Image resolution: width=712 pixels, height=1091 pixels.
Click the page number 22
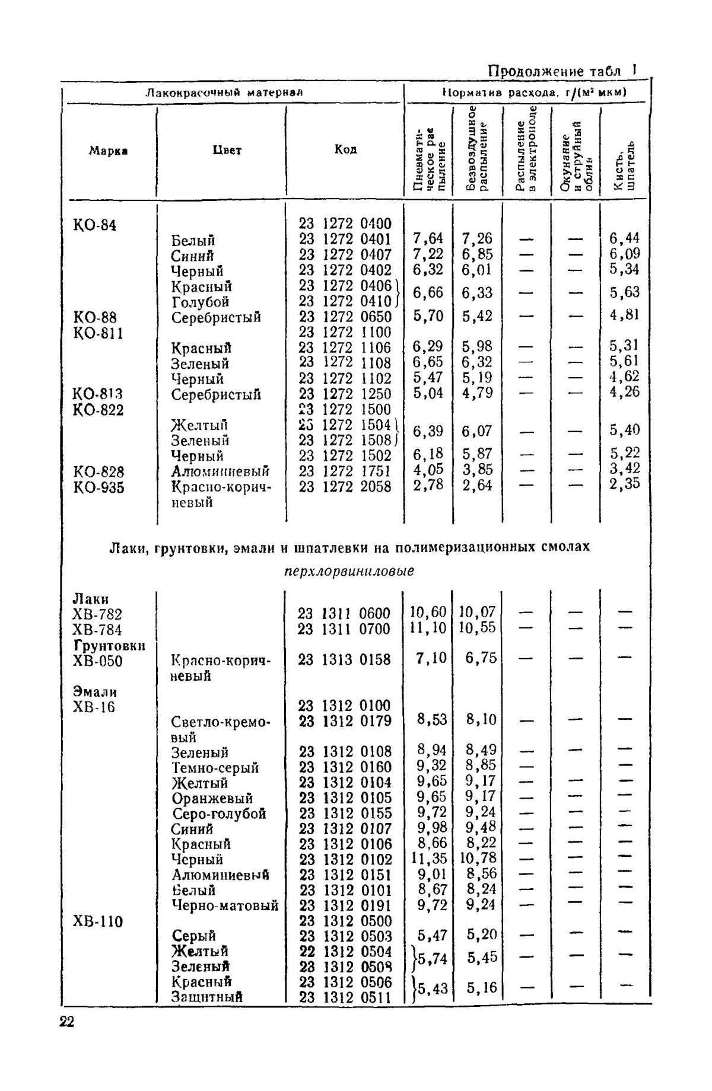pos(66,1022)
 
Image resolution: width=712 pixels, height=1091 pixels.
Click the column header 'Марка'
pos(109,151)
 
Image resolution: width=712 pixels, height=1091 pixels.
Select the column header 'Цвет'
pos(227,150)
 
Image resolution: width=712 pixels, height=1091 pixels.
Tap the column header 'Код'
pos(345,149)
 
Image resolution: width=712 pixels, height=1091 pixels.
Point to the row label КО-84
pos(95,225)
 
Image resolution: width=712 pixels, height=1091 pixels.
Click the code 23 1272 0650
pos(345,317)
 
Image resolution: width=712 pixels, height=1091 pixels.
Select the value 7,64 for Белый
pos(428,238)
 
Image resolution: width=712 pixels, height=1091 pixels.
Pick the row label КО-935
pos(98,487)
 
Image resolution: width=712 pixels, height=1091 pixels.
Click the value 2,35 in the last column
pos(625,484)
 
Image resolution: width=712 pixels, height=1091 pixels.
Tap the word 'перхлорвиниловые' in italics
pos(349,572)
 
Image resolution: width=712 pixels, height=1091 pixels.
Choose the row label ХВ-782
pos(97,614)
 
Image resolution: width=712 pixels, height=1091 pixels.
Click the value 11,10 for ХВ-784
pos(428,628)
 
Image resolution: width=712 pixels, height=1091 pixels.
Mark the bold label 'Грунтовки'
pos(109,645)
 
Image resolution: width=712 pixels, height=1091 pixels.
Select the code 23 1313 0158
pos(344,659)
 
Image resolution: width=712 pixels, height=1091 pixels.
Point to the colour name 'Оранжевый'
pos(212,798)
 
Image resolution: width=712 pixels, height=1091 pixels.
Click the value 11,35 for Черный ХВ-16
pos(428,859)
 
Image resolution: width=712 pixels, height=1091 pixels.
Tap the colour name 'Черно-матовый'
pos(225,905)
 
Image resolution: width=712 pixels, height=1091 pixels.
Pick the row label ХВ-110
pos(98,921)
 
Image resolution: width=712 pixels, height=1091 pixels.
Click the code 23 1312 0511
pos(345,997)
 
